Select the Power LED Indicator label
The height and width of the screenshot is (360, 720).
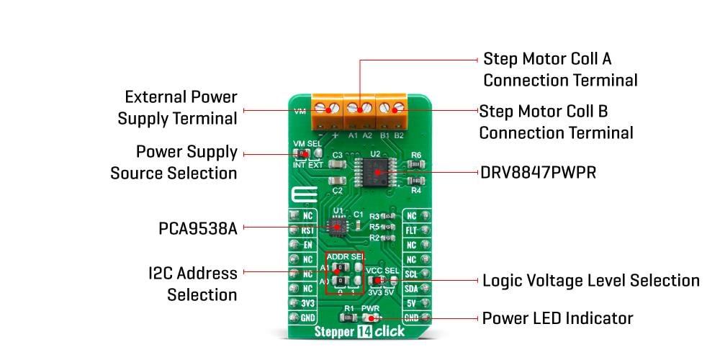(x=557, y=318)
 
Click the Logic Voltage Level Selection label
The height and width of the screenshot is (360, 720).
(x=590, y=280)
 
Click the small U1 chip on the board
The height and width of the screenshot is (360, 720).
(x=336, y=227)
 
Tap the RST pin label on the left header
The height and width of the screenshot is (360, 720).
(x=307, y=230)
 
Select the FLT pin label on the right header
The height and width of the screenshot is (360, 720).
(x=412, y=230)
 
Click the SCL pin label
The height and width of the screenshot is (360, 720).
(x=412, y=274)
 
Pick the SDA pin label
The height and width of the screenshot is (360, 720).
(x=412, y=289)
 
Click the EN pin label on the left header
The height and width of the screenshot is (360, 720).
(x=307, y=245)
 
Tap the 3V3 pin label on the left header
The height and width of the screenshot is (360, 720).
(x=307, y=303)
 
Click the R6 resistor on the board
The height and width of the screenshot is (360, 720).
(x=415, y=165)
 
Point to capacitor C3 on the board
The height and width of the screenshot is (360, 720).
(x=336, y=164)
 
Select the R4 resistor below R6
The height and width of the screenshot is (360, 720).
(x=415, y=181)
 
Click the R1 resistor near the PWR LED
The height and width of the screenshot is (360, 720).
(x=349, y=317)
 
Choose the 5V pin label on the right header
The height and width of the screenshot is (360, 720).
(x=412, y=303)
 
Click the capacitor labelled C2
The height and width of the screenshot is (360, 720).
(x=336, y=181)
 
